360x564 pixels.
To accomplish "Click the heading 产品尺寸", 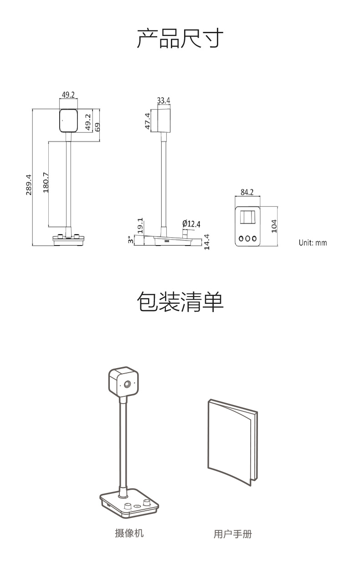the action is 180,38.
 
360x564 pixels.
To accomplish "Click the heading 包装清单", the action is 180,302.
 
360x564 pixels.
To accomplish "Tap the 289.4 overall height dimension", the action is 29,185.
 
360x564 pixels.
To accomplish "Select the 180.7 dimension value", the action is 46,183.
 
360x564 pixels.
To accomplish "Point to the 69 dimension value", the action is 97,127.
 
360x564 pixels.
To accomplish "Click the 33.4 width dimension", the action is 164,101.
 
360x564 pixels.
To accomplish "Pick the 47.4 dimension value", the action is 148,121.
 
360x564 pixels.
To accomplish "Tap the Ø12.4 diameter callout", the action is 191,224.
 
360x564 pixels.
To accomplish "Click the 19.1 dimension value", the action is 140,226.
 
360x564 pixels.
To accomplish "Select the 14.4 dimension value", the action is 206,242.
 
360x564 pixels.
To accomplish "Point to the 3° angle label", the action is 130,240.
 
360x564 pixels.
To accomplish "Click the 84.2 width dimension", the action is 247,192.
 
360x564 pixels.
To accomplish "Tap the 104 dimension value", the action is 274,226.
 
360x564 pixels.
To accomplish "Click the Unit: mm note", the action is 313,243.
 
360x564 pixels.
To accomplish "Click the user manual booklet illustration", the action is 232,442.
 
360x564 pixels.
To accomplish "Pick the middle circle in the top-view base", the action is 247,238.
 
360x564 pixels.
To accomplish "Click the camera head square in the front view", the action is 68,120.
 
